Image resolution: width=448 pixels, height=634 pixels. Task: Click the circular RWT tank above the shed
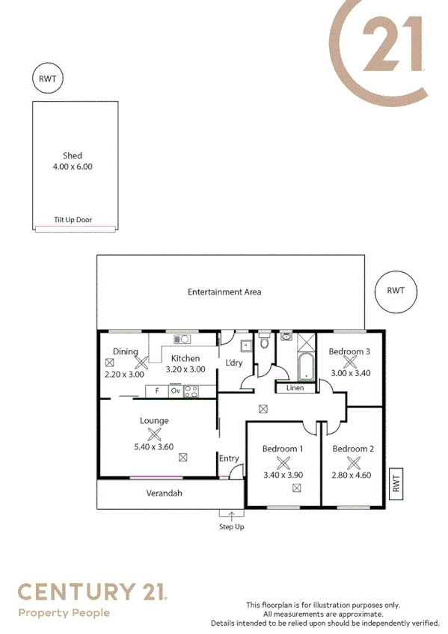coord(47,79)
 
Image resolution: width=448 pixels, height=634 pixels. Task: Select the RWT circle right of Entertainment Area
coord(395,291)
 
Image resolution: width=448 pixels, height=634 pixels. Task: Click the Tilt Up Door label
coord(73,220)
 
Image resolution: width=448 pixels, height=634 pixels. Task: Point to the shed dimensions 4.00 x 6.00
coord(73,167)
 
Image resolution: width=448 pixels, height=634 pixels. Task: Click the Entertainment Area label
coord(224,292)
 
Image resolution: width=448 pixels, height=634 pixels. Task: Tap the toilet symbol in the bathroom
coord(263,342)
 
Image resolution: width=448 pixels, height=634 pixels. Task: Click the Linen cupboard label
coord(295,388)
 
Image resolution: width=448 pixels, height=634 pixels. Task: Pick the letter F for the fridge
coord(157,390)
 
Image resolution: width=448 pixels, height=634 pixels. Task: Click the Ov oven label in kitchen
coord(176,390)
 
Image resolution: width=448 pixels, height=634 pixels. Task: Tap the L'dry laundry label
coord(234,363)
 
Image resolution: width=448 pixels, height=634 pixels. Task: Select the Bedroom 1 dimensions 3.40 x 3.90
coord(283,474)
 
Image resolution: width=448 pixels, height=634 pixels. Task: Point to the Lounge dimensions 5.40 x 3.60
coord(153,447)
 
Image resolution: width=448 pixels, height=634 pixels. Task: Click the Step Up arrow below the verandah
coord(231,514)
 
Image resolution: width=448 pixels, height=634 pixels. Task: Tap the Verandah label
coord(164,493)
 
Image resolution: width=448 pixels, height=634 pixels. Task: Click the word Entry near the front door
coord(229,458)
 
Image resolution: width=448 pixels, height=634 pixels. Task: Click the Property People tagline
coord(64,613)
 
